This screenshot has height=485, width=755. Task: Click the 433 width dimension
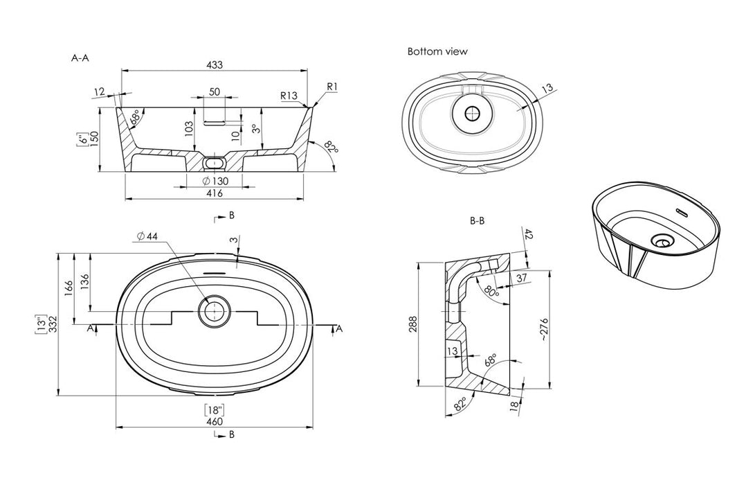215,65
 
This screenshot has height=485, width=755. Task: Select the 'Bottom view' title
437,51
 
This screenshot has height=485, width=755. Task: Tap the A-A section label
80,59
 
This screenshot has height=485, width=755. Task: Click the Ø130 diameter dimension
215,182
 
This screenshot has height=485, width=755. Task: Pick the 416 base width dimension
215,193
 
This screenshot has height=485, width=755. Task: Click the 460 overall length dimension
215,421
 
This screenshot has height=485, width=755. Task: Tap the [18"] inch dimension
215,409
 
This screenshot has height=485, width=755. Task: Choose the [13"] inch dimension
42,323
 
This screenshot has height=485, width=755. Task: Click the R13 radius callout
289,96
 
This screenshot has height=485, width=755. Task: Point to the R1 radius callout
332,87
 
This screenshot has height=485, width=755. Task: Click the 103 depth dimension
188,128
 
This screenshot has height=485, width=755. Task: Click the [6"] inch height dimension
82,141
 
